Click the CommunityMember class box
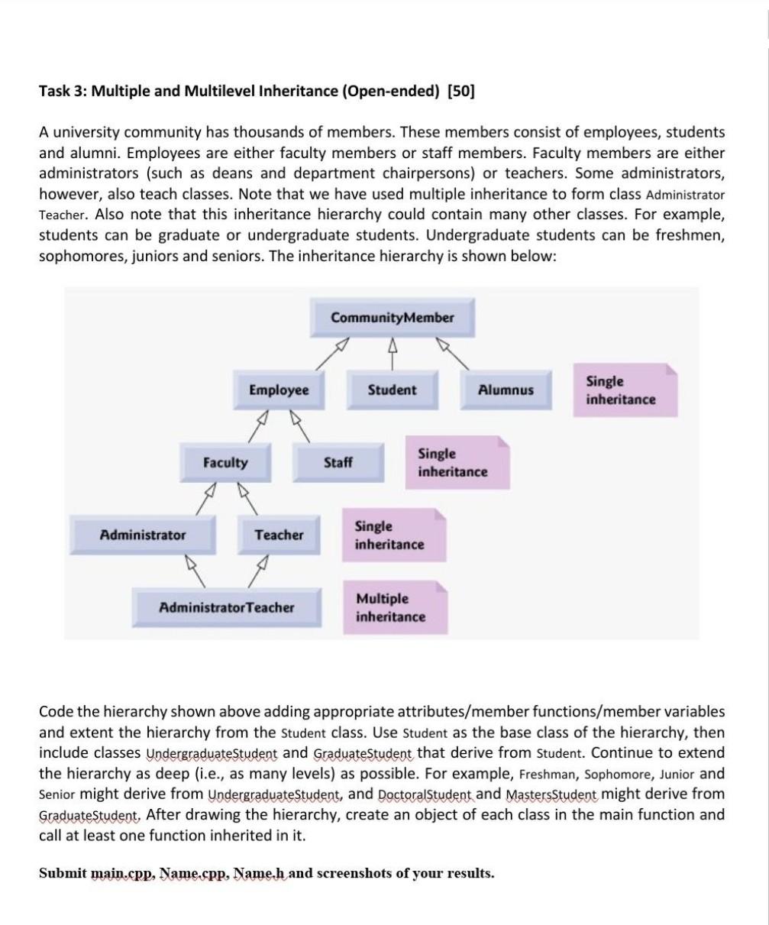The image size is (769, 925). pos(392,318)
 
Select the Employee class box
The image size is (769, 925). pos(279,390)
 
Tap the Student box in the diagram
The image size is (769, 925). pos(393,390)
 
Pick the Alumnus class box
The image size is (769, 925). pos(505,390)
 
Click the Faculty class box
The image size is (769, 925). pos(225,463)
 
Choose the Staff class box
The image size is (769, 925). pos(338,463)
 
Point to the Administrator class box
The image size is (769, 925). pos(143,535)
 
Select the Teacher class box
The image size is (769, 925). pos(279,535)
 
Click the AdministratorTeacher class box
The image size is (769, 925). pos(226,608)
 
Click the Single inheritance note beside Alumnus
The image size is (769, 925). pos(625,390)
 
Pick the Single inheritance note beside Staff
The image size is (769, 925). pos(457,463)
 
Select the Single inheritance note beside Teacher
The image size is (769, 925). pos(393,535)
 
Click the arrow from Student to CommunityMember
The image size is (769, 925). pos(393,355)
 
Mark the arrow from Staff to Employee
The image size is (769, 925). pos(302,428)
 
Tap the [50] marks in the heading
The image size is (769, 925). pos(461,92)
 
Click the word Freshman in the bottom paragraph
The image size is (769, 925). pos(543,774)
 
